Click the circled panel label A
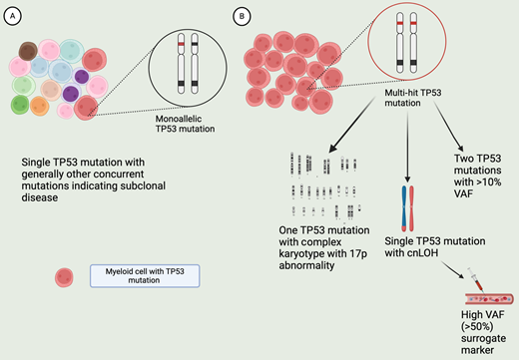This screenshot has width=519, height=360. [x=11, y=16]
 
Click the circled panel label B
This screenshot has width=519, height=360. [x=241, y=16]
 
